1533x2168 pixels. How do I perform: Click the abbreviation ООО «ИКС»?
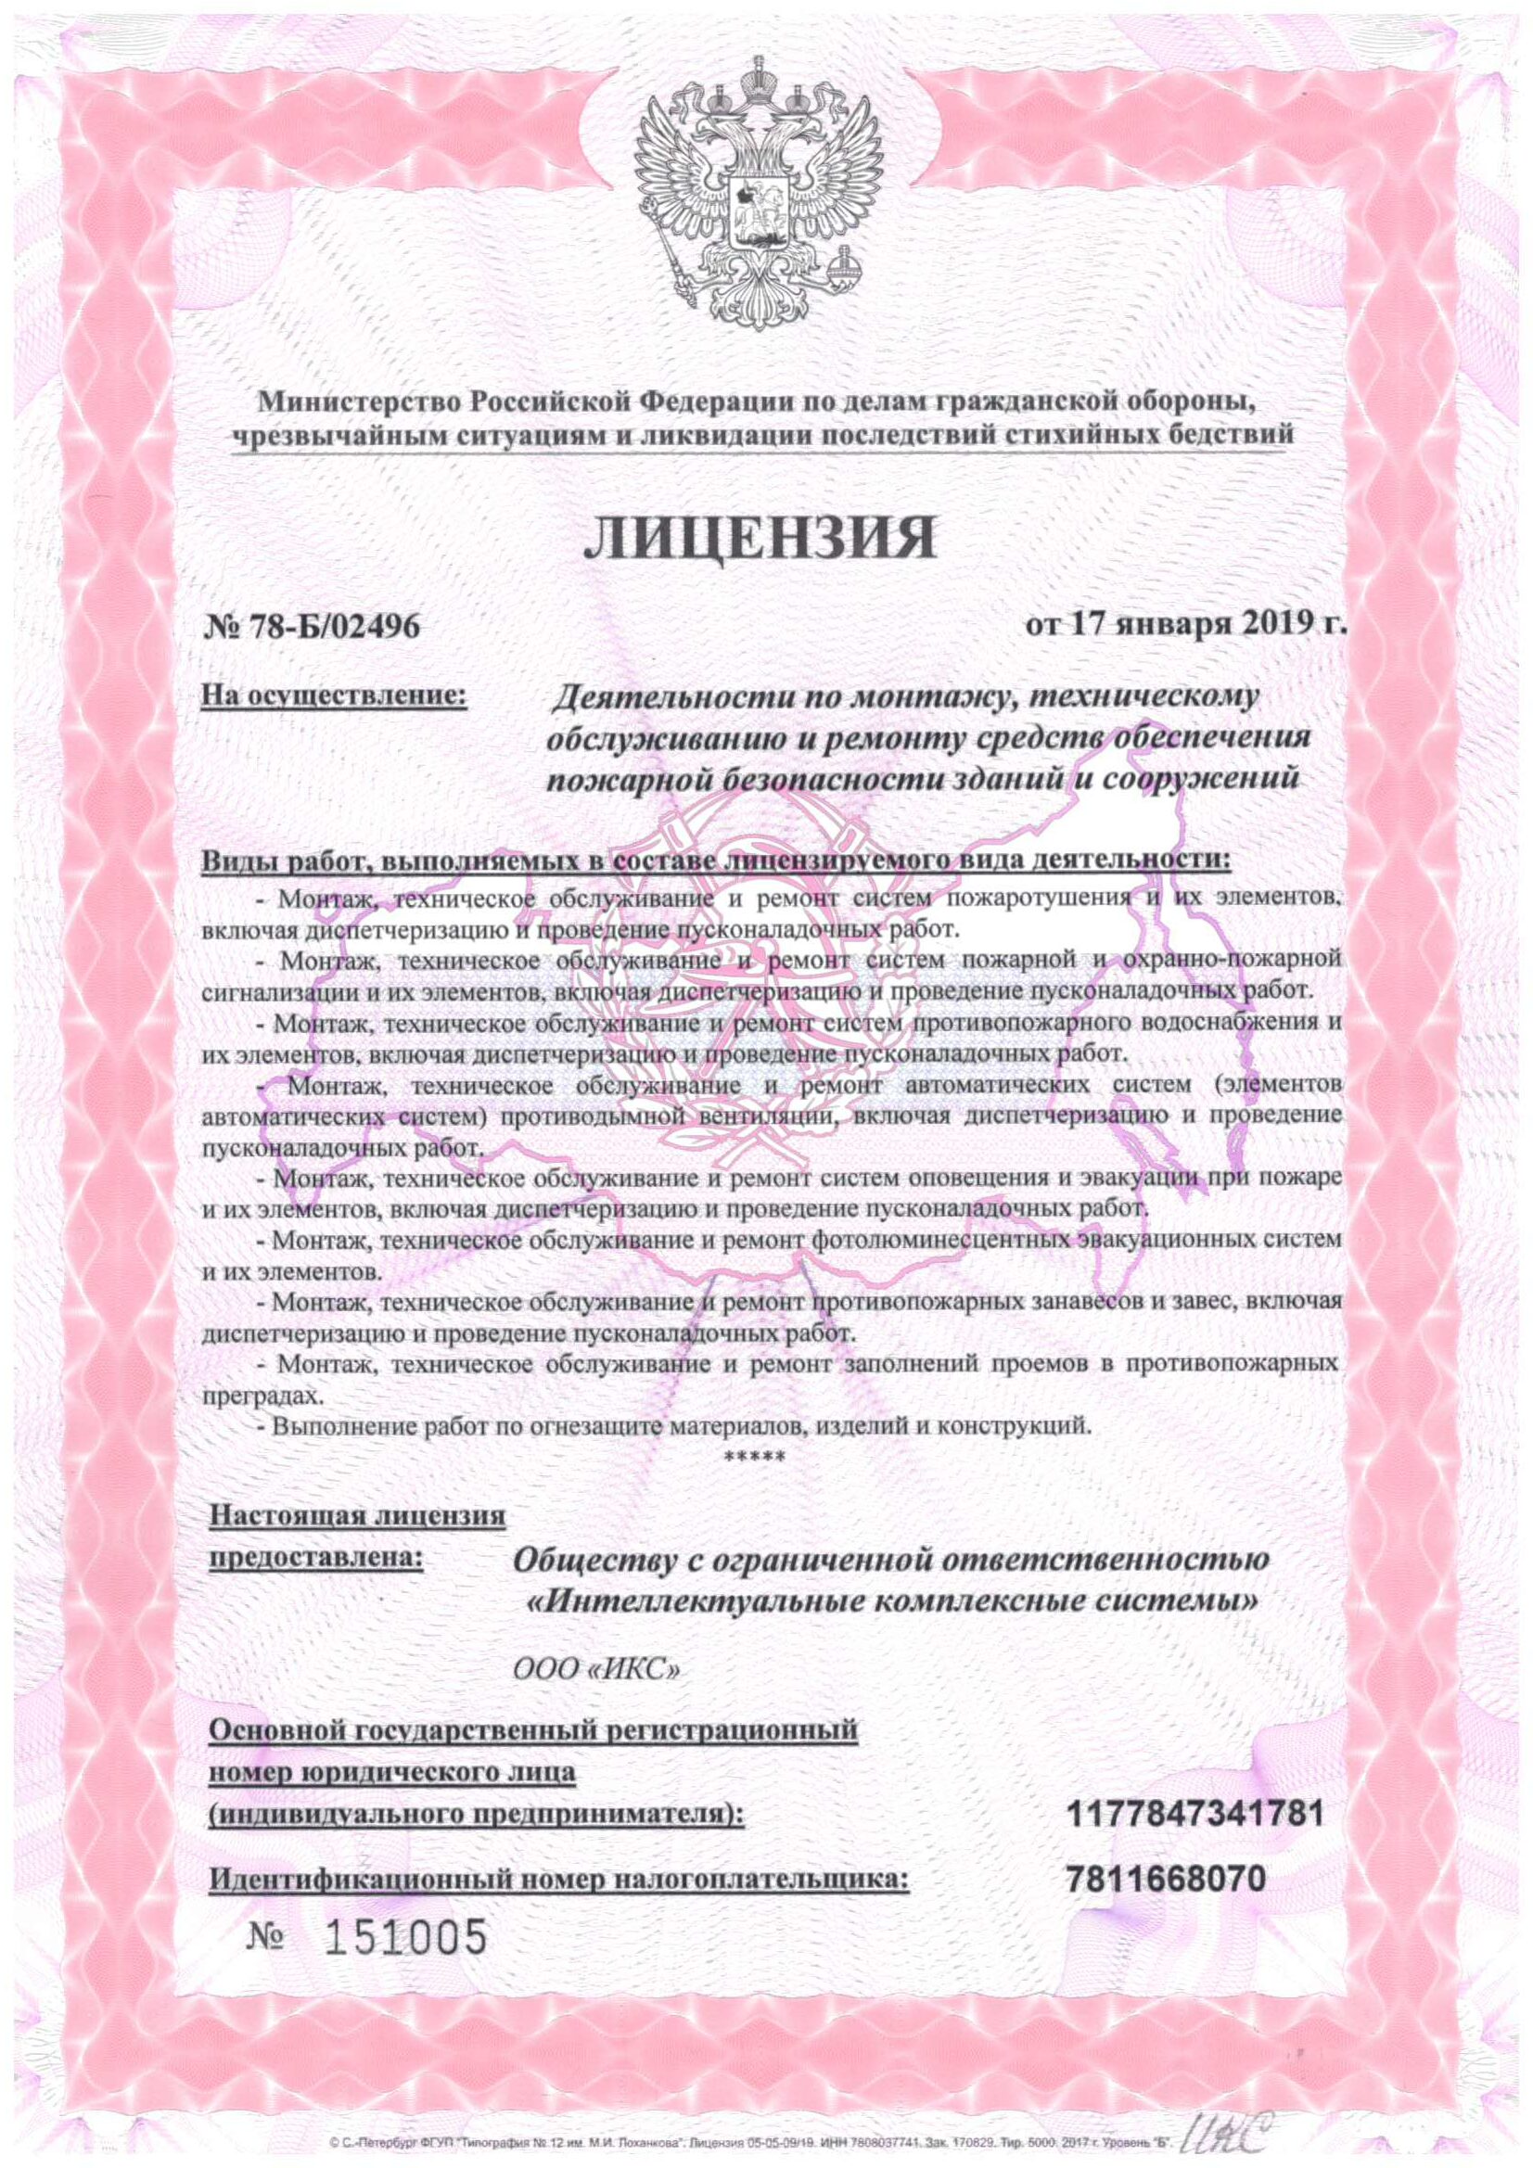596,1668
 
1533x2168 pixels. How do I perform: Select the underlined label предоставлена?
314,1556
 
